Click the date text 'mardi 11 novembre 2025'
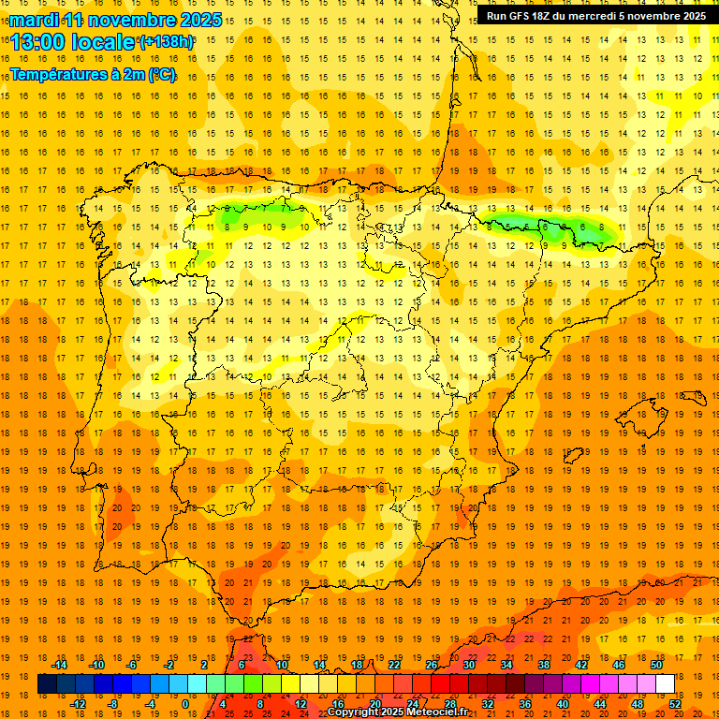coord(116,20)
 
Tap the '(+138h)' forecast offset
coord(166,42)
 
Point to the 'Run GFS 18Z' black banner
coord(595,16)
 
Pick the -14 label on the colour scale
coord(61,665)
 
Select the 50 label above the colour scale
coord(655,665)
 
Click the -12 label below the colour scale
coord(80,704)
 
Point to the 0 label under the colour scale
coord(186,704)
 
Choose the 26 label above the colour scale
coord(432,665)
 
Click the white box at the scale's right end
coord(666,684)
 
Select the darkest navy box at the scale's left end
coord(47,684)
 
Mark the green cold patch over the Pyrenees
coord(552,227)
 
